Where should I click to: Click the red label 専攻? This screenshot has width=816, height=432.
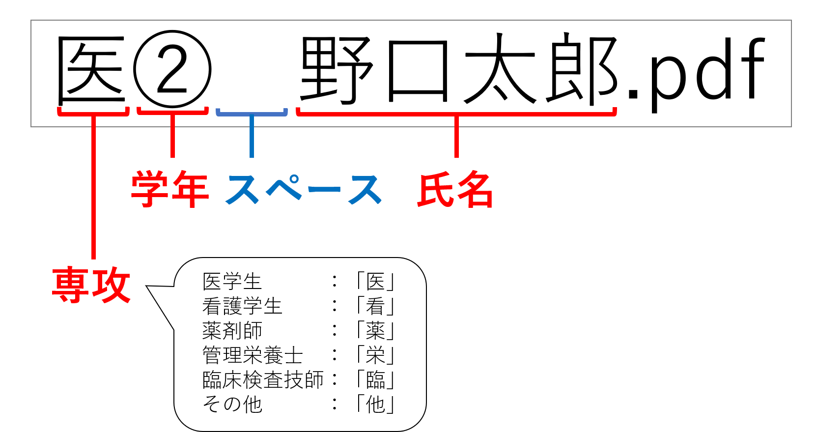point(91,285)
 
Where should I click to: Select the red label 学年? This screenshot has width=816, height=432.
point(170,189)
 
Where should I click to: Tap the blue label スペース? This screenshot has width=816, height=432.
point(303,189)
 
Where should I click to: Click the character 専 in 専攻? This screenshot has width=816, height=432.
point(71,285)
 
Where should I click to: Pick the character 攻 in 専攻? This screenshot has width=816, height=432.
point(111,285)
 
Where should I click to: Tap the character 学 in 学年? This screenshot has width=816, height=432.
point(150,189)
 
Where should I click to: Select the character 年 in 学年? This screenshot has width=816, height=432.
point(190,189)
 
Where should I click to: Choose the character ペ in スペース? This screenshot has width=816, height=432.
point(284,188)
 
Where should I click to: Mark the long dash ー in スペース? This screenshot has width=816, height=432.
point(324,189)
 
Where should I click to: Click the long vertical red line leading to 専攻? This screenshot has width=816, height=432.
point(93,197)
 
